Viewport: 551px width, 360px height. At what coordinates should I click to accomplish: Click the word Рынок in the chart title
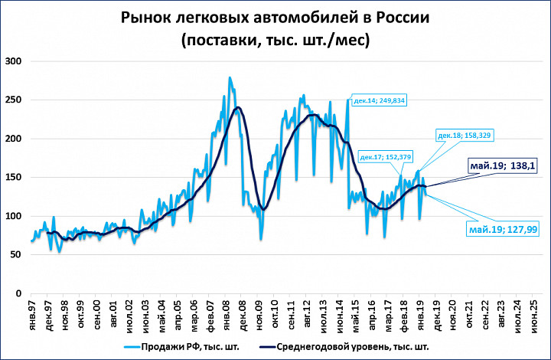coord(145,18)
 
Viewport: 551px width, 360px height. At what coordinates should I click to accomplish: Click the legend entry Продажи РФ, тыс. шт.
coord(184,345)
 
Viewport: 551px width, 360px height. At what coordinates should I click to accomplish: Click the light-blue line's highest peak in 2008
coord(230,77)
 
